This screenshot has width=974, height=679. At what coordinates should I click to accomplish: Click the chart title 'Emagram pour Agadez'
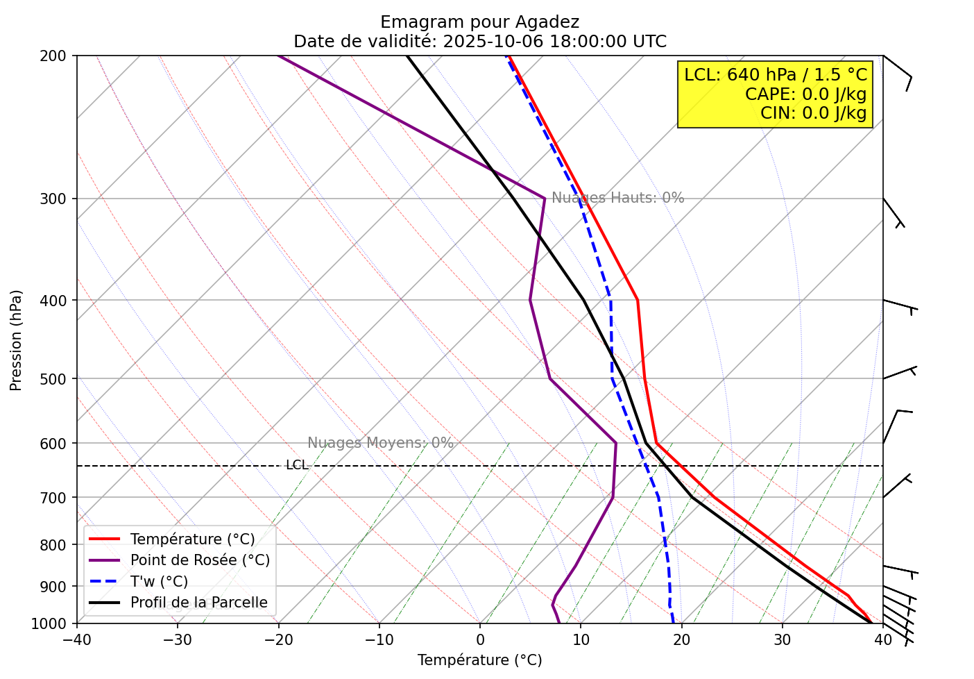(x=479, y=22)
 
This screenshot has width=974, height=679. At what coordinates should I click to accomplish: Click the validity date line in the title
(x=479, y=42)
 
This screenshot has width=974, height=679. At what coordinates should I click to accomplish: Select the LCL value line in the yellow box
(x=775, y=75)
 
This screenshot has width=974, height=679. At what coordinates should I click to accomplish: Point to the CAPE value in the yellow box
(x=805, y=94)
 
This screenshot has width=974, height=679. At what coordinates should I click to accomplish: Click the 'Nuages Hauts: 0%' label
(x=617, y=198)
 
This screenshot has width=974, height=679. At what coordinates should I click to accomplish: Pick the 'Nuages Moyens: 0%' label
(x=380, y=443)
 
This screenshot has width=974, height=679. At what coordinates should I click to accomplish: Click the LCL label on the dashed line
(x=297, y=465)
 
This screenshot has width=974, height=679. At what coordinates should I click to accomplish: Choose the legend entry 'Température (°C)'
(x=192, y=539)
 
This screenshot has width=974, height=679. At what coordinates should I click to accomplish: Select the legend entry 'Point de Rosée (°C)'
(x=200, y=560)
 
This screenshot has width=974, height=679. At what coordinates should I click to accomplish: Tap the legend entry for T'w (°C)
(x=159, y=582)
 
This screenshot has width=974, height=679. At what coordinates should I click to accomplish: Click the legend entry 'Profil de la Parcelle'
(x=198, y=603)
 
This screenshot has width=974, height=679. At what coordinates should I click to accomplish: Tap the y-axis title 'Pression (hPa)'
(x=17, y=340)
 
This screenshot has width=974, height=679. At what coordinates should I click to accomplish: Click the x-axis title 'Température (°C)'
(x=479, y=660)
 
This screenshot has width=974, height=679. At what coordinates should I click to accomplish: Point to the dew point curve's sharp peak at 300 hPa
(x=545, y=199)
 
